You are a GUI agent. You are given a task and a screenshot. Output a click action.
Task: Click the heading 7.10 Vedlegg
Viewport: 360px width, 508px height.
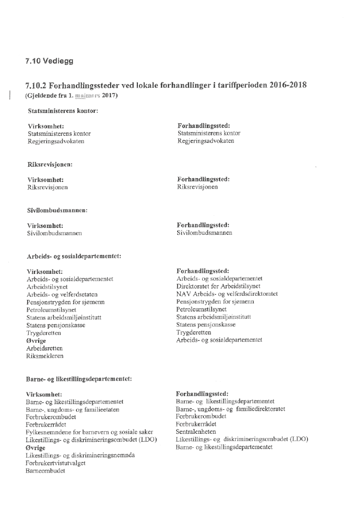(x=49, y=61)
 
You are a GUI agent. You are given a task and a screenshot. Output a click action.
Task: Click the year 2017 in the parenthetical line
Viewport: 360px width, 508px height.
(x=109, y=96)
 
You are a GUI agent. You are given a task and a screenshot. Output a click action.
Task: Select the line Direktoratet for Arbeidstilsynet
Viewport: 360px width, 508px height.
(x=218, y=286)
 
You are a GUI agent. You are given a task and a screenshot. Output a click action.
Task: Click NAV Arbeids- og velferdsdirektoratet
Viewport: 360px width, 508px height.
(x=227, y=294)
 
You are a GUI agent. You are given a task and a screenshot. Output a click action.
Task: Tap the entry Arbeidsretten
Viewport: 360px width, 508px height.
(x=44, y=348)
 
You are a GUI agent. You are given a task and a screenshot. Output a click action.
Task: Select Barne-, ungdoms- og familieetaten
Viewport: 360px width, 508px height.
(x=73, y=410)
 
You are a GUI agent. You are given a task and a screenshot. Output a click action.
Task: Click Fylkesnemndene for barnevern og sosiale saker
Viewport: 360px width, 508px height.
(x=89, y=432)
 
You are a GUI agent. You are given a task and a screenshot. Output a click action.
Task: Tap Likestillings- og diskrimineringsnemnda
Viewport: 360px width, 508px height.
(x=80, y=455)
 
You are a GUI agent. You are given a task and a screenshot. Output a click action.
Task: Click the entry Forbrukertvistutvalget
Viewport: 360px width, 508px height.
(x=56, y=463)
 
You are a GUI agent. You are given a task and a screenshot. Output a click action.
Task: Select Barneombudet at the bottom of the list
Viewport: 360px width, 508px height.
(x=45, y=471)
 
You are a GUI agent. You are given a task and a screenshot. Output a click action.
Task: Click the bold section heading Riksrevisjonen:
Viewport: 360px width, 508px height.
(x=50, y=164)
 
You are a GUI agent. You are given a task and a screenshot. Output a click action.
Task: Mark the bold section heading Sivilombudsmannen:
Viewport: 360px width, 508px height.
(x=57, y=210)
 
